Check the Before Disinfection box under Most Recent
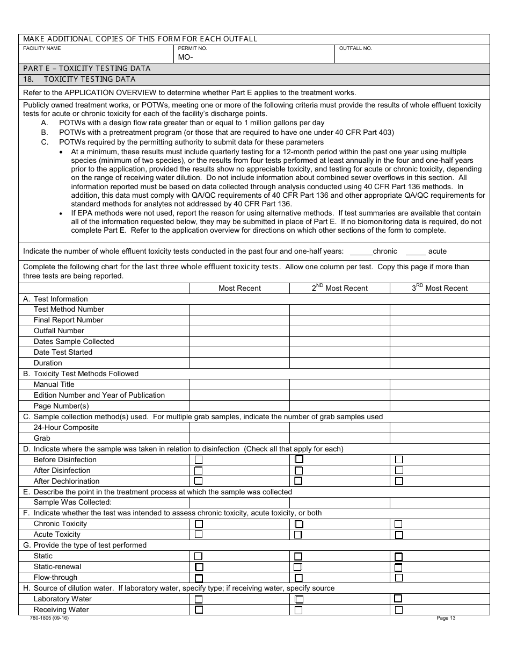click(199, 459)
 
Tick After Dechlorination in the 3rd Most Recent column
click(399, 481)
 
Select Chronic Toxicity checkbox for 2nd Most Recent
click(299, 524)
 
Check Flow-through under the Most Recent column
click(199, 578)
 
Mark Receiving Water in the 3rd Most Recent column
click(399, 610)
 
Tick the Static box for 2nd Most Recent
click(298, 557)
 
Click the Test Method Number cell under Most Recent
click(239, 310)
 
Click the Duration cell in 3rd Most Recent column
click(439, 363)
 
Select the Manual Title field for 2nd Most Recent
click(339, 385)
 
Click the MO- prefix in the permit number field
click(185, 57)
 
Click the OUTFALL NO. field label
click(355, 48)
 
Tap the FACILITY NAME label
click(42, 48)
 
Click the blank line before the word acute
click(416, 252)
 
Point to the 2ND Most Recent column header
click(339, 288)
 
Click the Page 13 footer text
click(446, 618)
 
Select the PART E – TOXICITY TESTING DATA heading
click(87, 68)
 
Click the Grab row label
click(42, 438)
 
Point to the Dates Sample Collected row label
click(74, 341)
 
